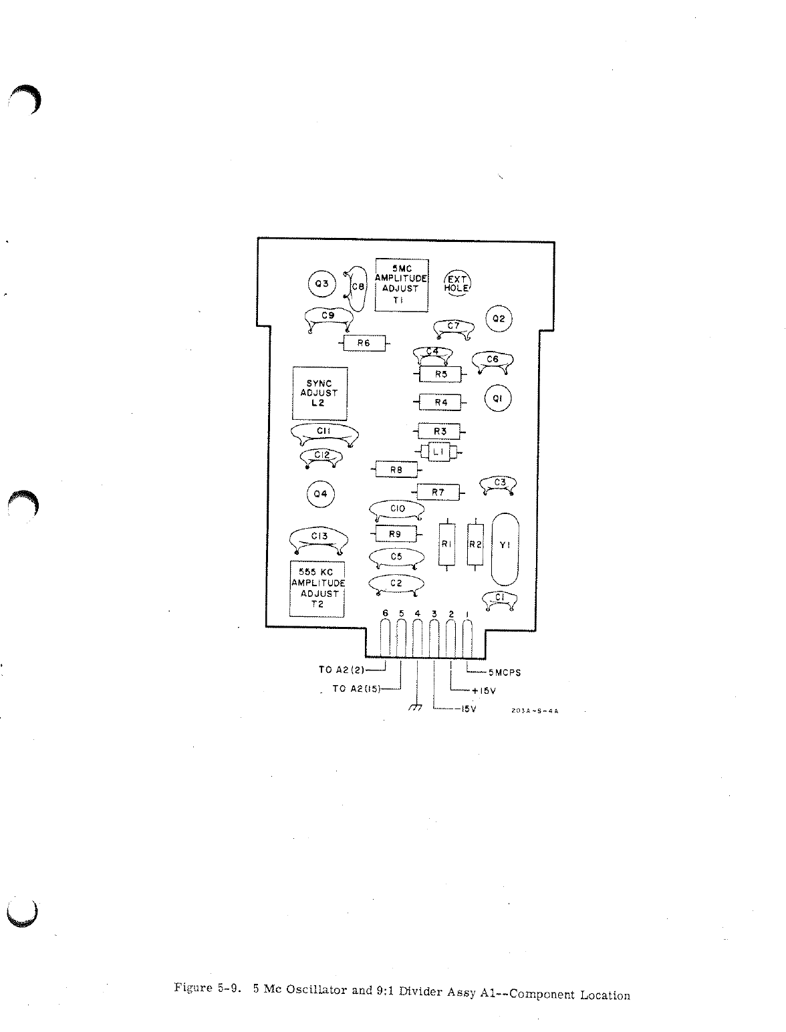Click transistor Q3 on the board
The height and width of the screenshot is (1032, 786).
pyautogui.click(x=322, y=283)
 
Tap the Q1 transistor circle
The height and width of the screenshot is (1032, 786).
pyautogui.click(x=497, y=399)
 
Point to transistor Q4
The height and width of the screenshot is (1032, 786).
pyautogui.click(x=321, y=495)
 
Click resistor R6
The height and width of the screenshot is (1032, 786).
pyautogui.click(x=364, y=344)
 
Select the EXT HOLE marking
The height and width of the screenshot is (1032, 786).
pyautogui.click(x=458, y=283)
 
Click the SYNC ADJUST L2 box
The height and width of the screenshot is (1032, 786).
pyautogui.click(x=320, y=393)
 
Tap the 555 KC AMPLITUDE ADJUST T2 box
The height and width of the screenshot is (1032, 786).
pyautogui.click(x=317, y=588)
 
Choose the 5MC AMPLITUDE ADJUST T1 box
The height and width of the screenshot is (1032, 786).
pyautogui.click(x=401, y=284)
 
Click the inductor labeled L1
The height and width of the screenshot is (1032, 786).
pyautogui.click(x=438, y=453)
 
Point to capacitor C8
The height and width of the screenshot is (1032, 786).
pyautogui.click(x=358, y=288)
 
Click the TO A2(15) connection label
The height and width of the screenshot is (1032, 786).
pyautogui.click(x=356, y=689)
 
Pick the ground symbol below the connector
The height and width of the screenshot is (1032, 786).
pyautogui.click(x=416, y=708)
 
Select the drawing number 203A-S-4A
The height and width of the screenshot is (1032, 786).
pyautogui.click(x=534, y=711)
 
